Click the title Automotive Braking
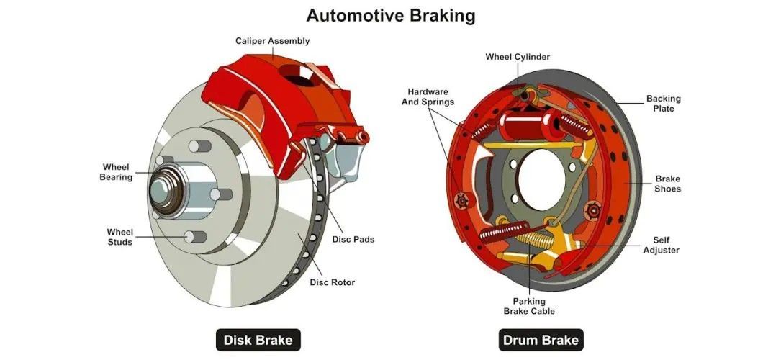pyautogui.click(x=390, y=14)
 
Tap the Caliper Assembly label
pyautogui.click(x=272, y=41)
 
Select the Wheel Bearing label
pyautogui.click(x=116, y=172)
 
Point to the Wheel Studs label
pyautogui.click(x=119, y=237)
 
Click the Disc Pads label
pyautogui.click(x=353, y=239)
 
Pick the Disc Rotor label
pyautogui.click(x=332, y=282)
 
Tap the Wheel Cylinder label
pyautogui.click(x=518, y=57)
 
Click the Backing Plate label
pyautogui.click(x=663, y=104)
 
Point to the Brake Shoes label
pyautogui.click(x=667, y=184)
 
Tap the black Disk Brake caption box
pyautogui.click(x=258, y=340)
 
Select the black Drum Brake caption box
pyautogui.click(x=541, y=340)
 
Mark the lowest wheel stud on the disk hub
pyautogui.click(x=191, y=237)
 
